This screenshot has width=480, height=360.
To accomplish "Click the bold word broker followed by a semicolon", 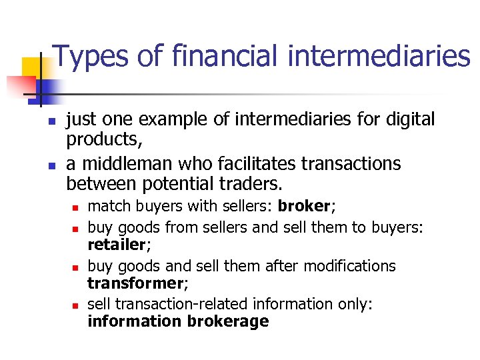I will coord(305,205).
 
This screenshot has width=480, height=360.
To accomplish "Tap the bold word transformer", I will coord(137,283).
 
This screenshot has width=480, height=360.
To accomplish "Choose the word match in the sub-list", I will coord(107,205).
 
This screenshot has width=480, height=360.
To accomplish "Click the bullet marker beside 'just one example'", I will coord(49,121).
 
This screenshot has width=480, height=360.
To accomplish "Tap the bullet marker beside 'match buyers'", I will coord(75,208).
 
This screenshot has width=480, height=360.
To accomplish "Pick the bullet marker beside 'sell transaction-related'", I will coord(75,306).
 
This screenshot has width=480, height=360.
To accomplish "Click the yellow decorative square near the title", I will coord(32,67).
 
